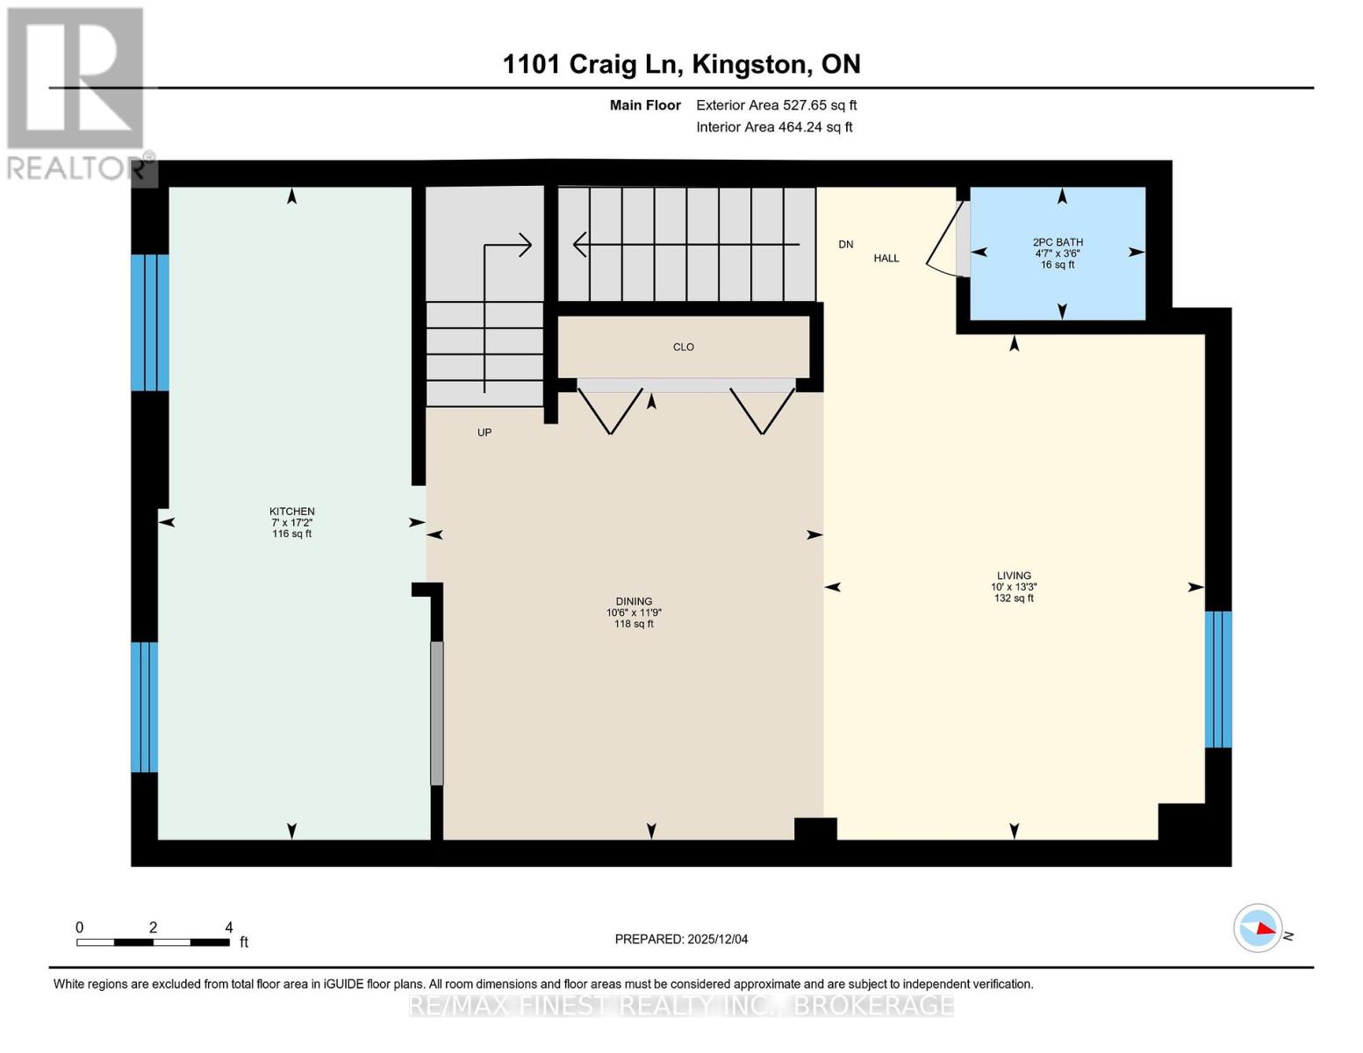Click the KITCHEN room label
point(291,512)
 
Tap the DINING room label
point(634,602)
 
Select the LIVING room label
point(1014,576)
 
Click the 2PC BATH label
point(1058,242)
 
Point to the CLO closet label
point(684,347)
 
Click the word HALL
point(886,258)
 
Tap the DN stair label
point(846,245)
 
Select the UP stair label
point(484,433)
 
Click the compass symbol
point(1258,928)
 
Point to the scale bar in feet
point(153,942)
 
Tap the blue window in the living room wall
point(1218,679)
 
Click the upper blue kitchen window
point(149,322)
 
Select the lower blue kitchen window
point(145,707)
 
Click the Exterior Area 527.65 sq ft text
point(776,105)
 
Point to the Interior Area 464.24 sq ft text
point(774,127)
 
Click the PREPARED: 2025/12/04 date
point(681,939)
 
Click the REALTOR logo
point(76,93)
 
